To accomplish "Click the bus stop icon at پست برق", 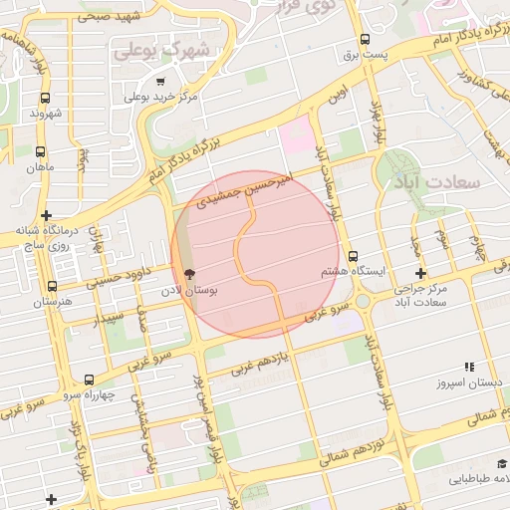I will [367, 41].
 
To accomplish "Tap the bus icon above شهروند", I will [46, 99].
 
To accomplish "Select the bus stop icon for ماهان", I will [40, 152].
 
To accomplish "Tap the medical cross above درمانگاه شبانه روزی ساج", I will [47, 215].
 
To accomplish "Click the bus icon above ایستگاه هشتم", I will [353, 256].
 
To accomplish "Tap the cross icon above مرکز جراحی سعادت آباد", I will [421, 273].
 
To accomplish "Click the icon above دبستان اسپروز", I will [469, 367].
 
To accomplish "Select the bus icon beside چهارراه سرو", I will [91, 380].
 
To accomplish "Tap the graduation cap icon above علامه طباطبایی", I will [500, 464].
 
